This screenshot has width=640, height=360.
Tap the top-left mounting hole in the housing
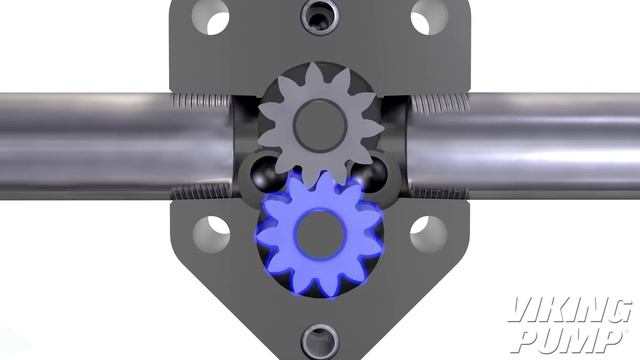click(211, 17)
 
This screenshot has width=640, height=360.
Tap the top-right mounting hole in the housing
click(428, 17)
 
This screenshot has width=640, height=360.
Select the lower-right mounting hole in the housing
click(428, 233)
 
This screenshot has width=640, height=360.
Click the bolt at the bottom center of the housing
click(320, 340)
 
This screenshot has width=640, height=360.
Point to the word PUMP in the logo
click(566, 339)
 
